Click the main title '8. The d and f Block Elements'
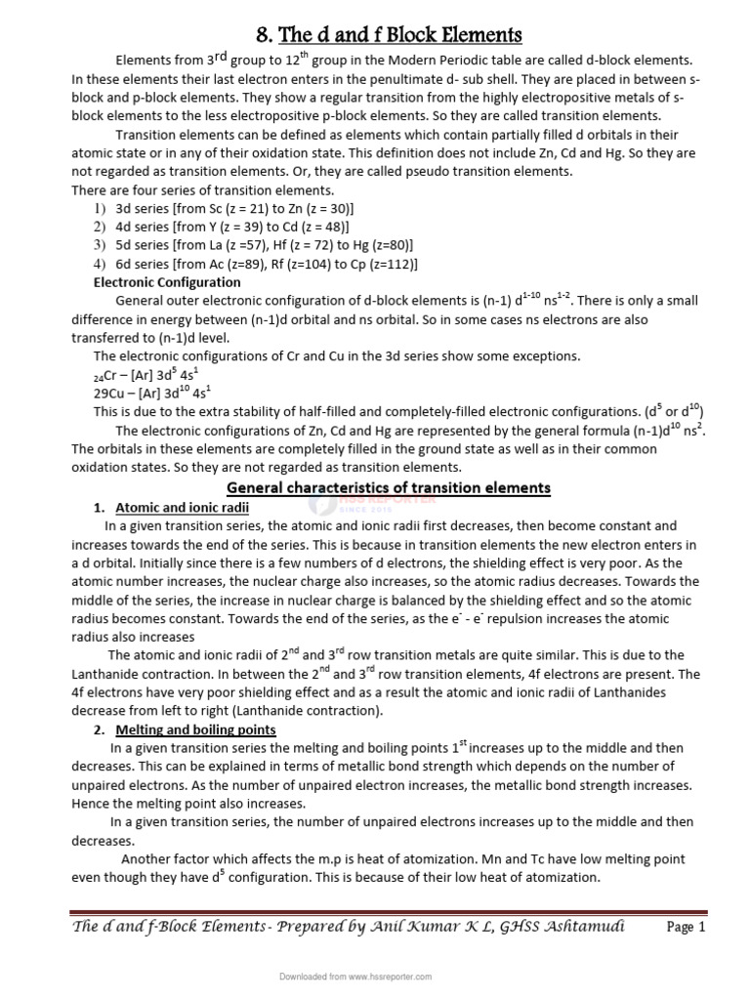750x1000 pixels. pos(389,35)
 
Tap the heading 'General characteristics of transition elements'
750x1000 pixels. pos(389,487)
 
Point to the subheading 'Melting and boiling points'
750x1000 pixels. pos(196,729)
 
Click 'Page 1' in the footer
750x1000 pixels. pos(686,928)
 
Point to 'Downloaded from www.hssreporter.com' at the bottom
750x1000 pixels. pos(355,976)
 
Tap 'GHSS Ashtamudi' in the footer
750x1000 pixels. pos(572,926)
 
